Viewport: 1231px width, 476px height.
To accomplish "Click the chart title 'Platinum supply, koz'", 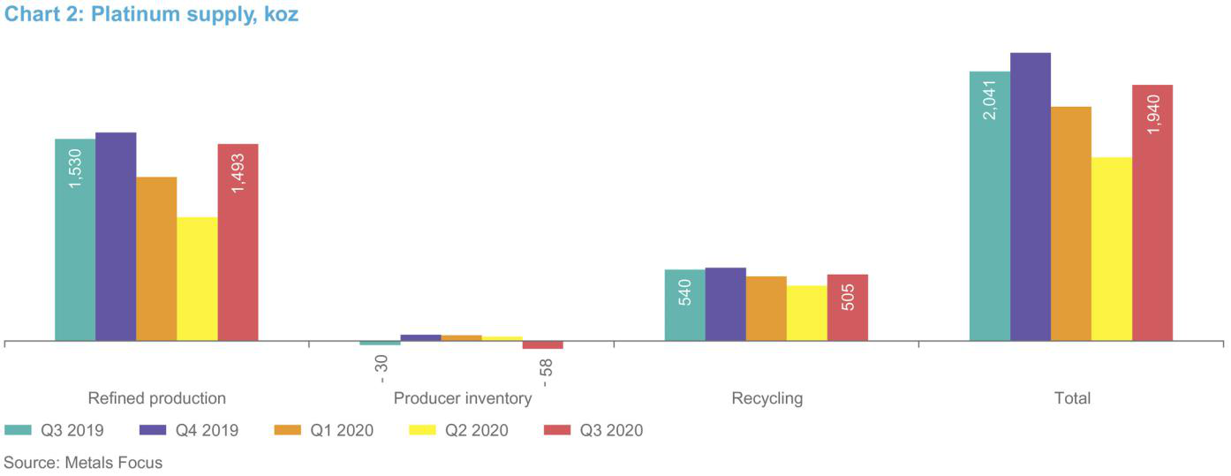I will (151, 15).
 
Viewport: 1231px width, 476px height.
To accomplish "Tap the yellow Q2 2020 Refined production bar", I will (197, 278).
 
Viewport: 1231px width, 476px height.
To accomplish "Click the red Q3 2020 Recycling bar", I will (847, 307).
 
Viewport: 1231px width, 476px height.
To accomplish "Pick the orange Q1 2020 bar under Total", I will (1070, 223).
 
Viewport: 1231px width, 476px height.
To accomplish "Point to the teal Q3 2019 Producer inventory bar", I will (380, 343).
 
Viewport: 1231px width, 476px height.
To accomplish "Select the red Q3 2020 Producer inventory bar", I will (542, 344).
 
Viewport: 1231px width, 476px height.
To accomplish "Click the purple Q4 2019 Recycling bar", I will (725, 304).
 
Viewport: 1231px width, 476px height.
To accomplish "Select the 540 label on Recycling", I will (685, 292).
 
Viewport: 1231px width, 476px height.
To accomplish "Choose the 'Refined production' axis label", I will (156, 398).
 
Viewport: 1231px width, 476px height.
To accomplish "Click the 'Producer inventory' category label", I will (462, 398).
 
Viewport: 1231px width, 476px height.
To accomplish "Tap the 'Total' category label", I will (1072, 398).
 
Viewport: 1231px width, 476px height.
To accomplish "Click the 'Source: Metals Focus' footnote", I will (83, 462).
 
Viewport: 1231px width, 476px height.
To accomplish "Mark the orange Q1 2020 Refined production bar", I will (156, 259).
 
